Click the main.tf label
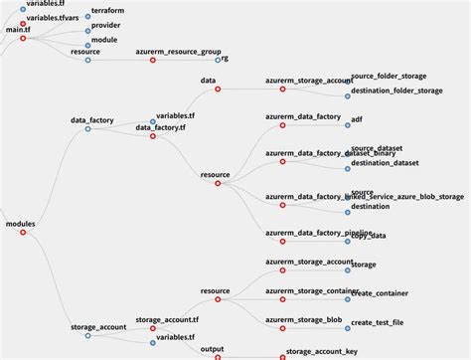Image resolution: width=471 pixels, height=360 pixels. [19, 31]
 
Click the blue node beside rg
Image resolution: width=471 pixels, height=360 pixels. [218, 60]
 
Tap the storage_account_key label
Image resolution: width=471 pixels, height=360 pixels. [321, 350]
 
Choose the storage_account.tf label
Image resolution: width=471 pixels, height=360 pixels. [168, 320]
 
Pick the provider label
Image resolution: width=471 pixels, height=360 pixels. [104, 24]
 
